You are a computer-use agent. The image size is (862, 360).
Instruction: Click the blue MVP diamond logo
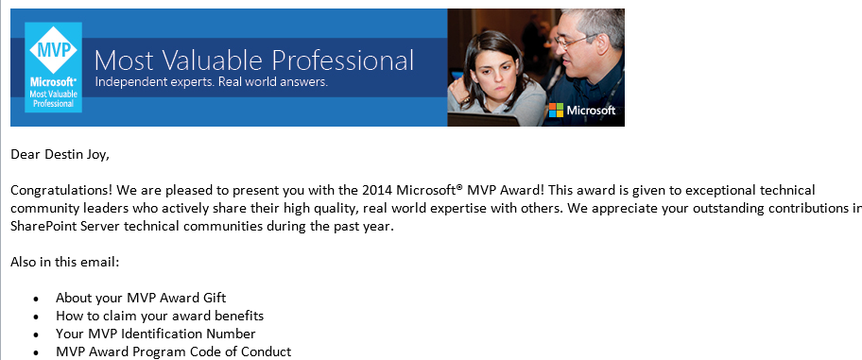(53, 50)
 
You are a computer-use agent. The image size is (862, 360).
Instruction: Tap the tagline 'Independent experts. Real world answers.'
(212, 82)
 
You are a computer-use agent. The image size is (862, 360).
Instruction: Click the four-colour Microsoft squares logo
(556, 110)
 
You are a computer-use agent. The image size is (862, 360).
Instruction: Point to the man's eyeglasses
(574, 41)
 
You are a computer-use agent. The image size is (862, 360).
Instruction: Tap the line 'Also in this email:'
(65, 262)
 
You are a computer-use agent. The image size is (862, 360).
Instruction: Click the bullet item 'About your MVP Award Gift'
(141, 298)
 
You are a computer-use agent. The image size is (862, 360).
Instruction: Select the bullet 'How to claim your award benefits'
(160, 316)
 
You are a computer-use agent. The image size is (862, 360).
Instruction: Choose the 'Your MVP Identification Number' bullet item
(156, 334)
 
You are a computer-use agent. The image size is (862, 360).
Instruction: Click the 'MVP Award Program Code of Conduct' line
(174, 351)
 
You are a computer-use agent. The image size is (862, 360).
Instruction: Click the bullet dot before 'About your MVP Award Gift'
(36, 299)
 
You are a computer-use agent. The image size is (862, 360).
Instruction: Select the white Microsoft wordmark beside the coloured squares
(591, 110)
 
